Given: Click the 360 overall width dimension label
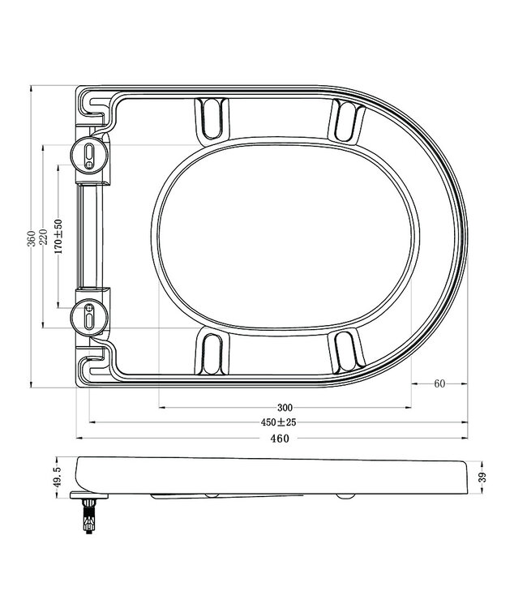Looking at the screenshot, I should [x=31, y=238].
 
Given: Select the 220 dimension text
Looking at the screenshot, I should [x=43, y=238].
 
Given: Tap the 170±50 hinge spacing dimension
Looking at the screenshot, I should [x=58, y=237].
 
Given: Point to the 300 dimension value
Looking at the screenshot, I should [x=284, y=407].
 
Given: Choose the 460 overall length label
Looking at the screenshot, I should [x=279, y=439].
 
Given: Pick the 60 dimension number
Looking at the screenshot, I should [x=439, y=384].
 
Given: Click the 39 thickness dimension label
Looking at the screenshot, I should [x=483, y=478].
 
